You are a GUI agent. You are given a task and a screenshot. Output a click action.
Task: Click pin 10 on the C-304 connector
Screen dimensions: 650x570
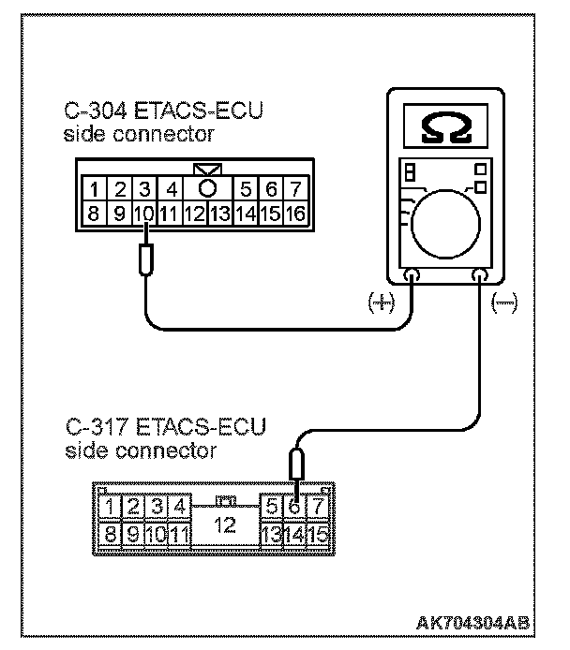[143, 213]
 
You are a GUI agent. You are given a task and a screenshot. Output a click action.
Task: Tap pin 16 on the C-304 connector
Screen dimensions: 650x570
[294, 213]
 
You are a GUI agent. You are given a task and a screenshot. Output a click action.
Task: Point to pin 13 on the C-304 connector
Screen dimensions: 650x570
[219, 213]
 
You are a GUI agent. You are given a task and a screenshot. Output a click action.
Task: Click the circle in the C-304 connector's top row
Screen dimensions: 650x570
[208, 188]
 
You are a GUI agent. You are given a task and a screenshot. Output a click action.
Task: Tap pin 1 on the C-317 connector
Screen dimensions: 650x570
[112, 508]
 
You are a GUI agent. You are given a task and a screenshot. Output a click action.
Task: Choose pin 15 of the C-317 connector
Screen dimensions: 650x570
[320, 536]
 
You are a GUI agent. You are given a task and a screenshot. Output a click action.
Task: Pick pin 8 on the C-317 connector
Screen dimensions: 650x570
[112, 536]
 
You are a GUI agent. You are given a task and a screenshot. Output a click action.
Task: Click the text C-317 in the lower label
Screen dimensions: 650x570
[98, 429]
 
